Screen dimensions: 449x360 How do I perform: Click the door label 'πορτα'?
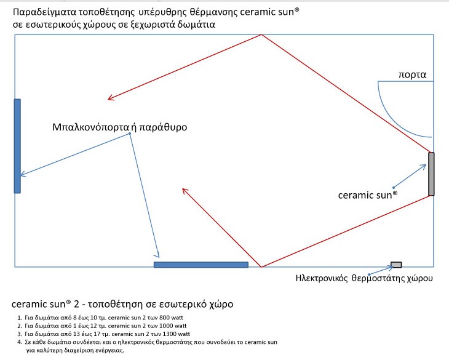(412, 75)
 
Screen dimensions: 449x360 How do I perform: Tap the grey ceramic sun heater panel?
(431, 174)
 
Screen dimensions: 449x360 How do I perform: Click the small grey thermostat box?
(396, 265)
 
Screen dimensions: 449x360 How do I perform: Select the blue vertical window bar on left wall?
(17, 146)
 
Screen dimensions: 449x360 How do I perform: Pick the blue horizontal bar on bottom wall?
(201, 265)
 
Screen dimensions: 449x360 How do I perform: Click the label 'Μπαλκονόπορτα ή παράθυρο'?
(120, 127)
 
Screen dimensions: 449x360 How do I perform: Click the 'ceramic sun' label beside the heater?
(368, 195)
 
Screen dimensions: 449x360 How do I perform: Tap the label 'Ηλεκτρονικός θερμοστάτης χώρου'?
(364, 278)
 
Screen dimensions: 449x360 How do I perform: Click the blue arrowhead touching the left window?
(23, 174)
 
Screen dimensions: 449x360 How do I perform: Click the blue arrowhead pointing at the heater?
(424, 166)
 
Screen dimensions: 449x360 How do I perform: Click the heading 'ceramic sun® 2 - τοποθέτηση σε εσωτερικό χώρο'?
(122, 304)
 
